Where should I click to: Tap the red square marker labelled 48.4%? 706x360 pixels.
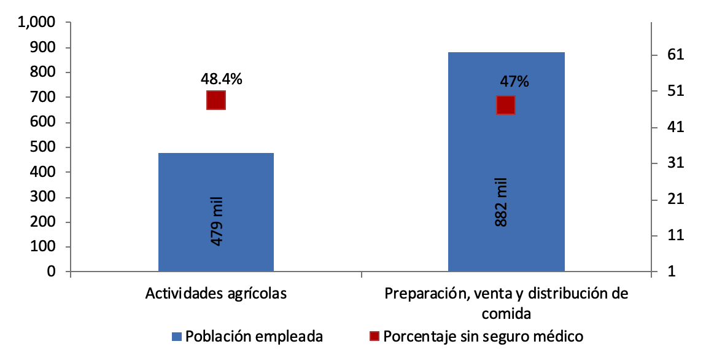point(216,100)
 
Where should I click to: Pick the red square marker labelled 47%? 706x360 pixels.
point(505,105)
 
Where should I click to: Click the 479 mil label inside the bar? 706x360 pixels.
point(217,221)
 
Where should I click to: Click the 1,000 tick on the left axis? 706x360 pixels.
point(37,23)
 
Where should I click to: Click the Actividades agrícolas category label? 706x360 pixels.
point(216,293)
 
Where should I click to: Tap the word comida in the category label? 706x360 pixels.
point(506,313)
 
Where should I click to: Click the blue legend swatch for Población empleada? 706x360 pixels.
point(177,337)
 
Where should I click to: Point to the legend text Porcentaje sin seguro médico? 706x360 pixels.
point(483,337)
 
